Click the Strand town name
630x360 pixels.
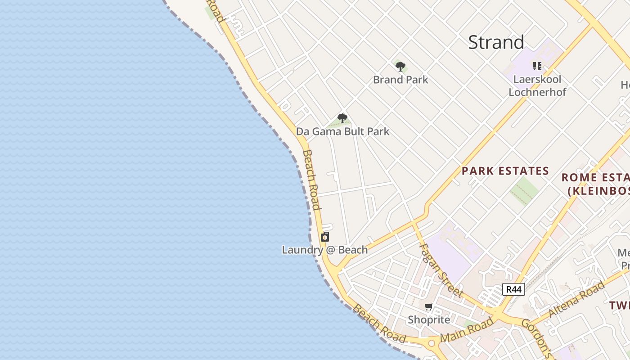[496, 42]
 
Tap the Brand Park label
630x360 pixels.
[400, 80]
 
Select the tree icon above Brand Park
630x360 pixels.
[400, 67]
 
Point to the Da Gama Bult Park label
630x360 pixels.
[342, 131]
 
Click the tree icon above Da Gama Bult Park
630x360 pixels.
[342, 118]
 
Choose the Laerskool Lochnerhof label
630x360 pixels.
[537, 85]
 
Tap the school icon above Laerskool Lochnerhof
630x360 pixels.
[537, 66]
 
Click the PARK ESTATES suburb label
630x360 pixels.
[505, 171]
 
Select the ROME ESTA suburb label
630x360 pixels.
[595, 177]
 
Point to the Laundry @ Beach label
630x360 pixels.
[324, 250]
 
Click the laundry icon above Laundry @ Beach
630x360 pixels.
[325, 237]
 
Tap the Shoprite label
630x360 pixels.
[429, 319]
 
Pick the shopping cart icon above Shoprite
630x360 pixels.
[428, 307]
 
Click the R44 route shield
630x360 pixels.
[513, 289]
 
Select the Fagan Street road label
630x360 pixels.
[441, 270]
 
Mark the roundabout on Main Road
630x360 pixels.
[432, 343]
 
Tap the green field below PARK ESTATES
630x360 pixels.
[524, 191]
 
